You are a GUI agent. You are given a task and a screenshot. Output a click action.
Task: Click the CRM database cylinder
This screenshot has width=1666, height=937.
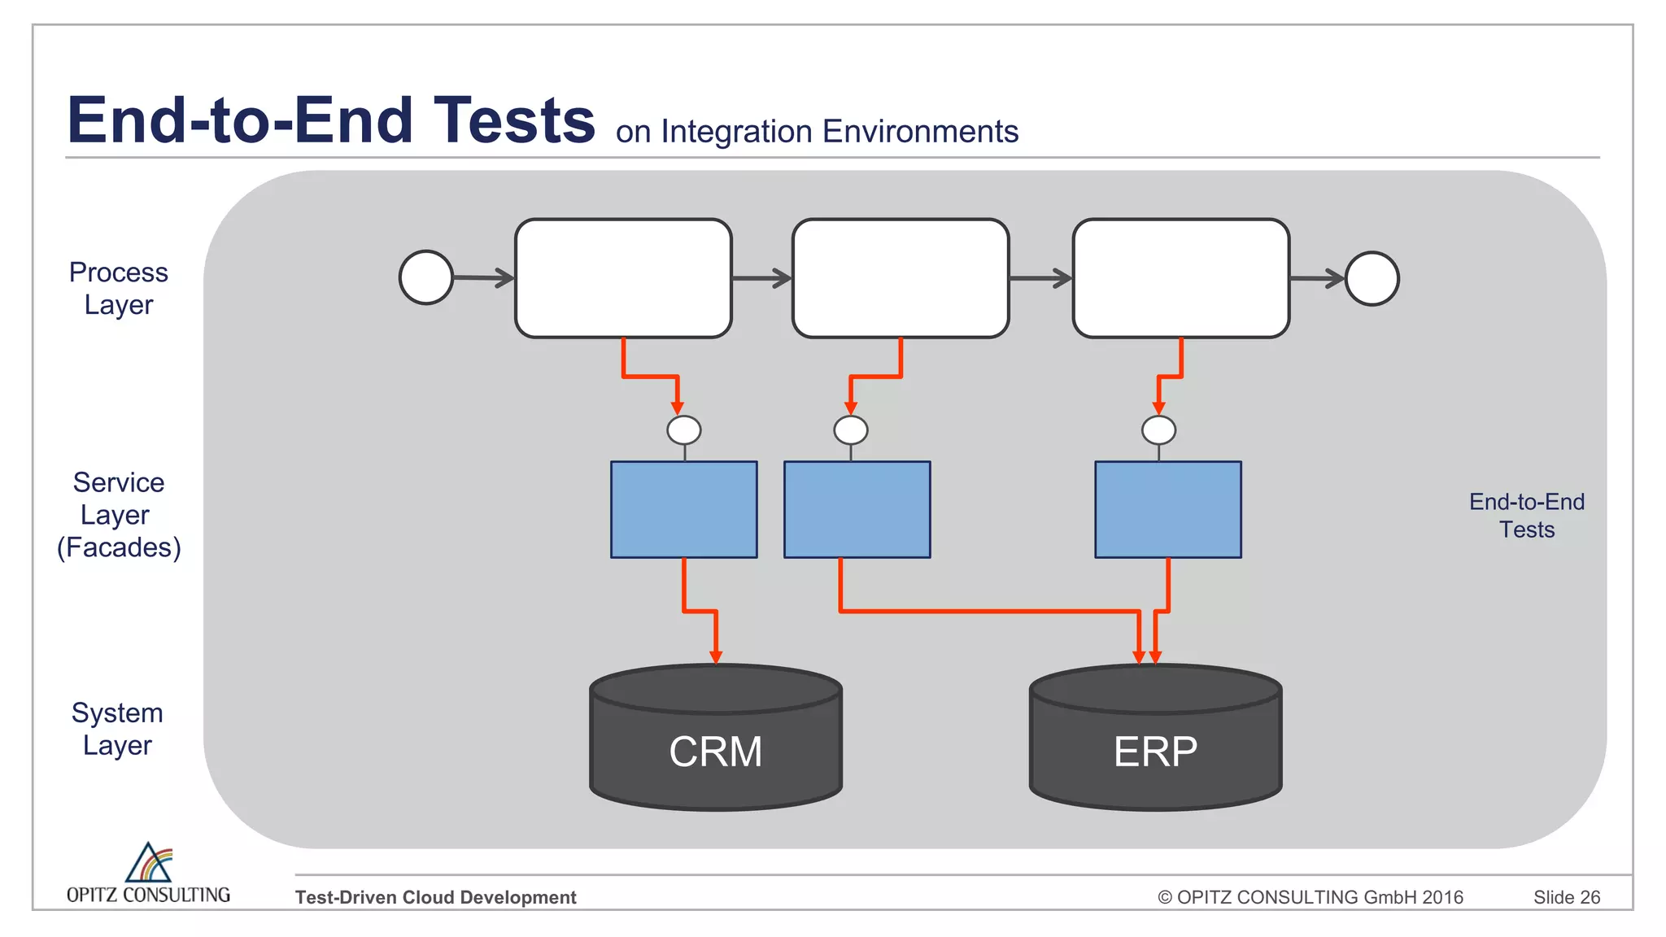(x=715, y=740)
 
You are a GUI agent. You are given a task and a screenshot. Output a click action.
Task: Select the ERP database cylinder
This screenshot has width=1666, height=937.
(x=1155, y=740)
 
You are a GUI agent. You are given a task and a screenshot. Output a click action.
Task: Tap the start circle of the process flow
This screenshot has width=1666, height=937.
(x=426, y=277)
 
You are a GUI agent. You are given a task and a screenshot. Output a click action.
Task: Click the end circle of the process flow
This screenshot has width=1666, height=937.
(x=1372, y=278)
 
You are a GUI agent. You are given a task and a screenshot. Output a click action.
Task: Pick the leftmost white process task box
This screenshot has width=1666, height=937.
(x=623, y=278)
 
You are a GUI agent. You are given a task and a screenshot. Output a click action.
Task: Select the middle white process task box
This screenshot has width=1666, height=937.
(x=901, y=278)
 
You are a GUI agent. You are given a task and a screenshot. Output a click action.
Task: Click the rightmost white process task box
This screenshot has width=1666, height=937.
(x=1180, y=278)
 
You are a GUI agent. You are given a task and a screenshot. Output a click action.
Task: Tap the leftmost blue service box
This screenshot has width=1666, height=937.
(x=683, y=509)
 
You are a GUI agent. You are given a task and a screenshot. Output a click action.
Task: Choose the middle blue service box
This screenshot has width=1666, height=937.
(x=857, y=509)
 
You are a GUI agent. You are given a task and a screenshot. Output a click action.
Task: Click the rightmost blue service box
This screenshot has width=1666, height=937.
(x=1167, y=509)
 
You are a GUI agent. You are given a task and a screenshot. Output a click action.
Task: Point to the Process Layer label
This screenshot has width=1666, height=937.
(x=119, y=288)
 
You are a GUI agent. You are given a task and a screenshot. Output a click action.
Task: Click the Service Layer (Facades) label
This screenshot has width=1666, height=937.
(x=119, y=515)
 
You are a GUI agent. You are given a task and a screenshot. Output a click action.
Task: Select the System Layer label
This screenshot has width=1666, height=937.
(x=117, y=729)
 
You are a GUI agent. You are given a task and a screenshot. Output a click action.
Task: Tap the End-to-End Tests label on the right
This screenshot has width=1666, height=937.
(x=1526, y=516)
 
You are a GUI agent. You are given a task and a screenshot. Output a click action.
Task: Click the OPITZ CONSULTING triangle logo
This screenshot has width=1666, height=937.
(x=149, y=863)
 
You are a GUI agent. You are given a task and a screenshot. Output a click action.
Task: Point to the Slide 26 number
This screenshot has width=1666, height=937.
(x=1566, y=897)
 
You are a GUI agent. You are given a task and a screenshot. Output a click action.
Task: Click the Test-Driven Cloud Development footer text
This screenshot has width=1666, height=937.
(x=435, y=897)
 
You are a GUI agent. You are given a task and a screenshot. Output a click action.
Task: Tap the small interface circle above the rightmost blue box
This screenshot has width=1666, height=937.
(x=1158, y=429)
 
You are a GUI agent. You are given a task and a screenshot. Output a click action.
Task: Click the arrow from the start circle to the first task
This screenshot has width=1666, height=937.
(x=483, y=278)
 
